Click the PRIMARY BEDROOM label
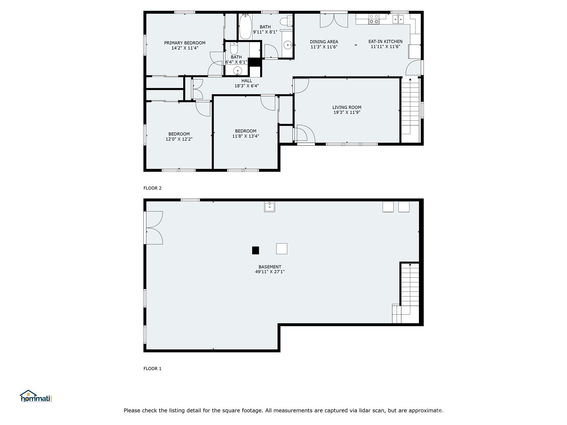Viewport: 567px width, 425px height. tap(185, 43)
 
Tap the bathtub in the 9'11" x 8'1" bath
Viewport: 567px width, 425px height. tap(245, 27)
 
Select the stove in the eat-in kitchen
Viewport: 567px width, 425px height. tap(374, 19)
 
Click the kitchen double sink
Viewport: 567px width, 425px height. tap(398, 19)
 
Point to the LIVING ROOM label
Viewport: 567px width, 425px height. tap(347, 107)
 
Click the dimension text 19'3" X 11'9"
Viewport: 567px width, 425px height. tap(347, 112)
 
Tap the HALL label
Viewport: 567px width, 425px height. tap(246, 81)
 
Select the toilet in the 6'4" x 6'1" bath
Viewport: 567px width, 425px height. tap(234, 49)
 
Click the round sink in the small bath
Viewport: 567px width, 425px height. tap(238, 71)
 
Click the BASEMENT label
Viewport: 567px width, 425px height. tap(270, 267)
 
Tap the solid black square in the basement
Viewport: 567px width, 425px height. tap(255, 250)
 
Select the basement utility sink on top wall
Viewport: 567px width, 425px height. tap(269, 207)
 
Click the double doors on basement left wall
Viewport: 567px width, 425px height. tap(154, 228)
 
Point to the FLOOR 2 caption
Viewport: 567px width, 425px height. tap(152, 188)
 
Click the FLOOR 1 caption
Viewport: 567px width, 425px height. tap(152, 369)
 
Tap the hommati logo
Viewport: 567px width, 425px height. tap(36, 397)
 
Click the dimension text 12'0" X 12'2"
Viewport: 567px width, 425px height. tap(179, 139)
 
